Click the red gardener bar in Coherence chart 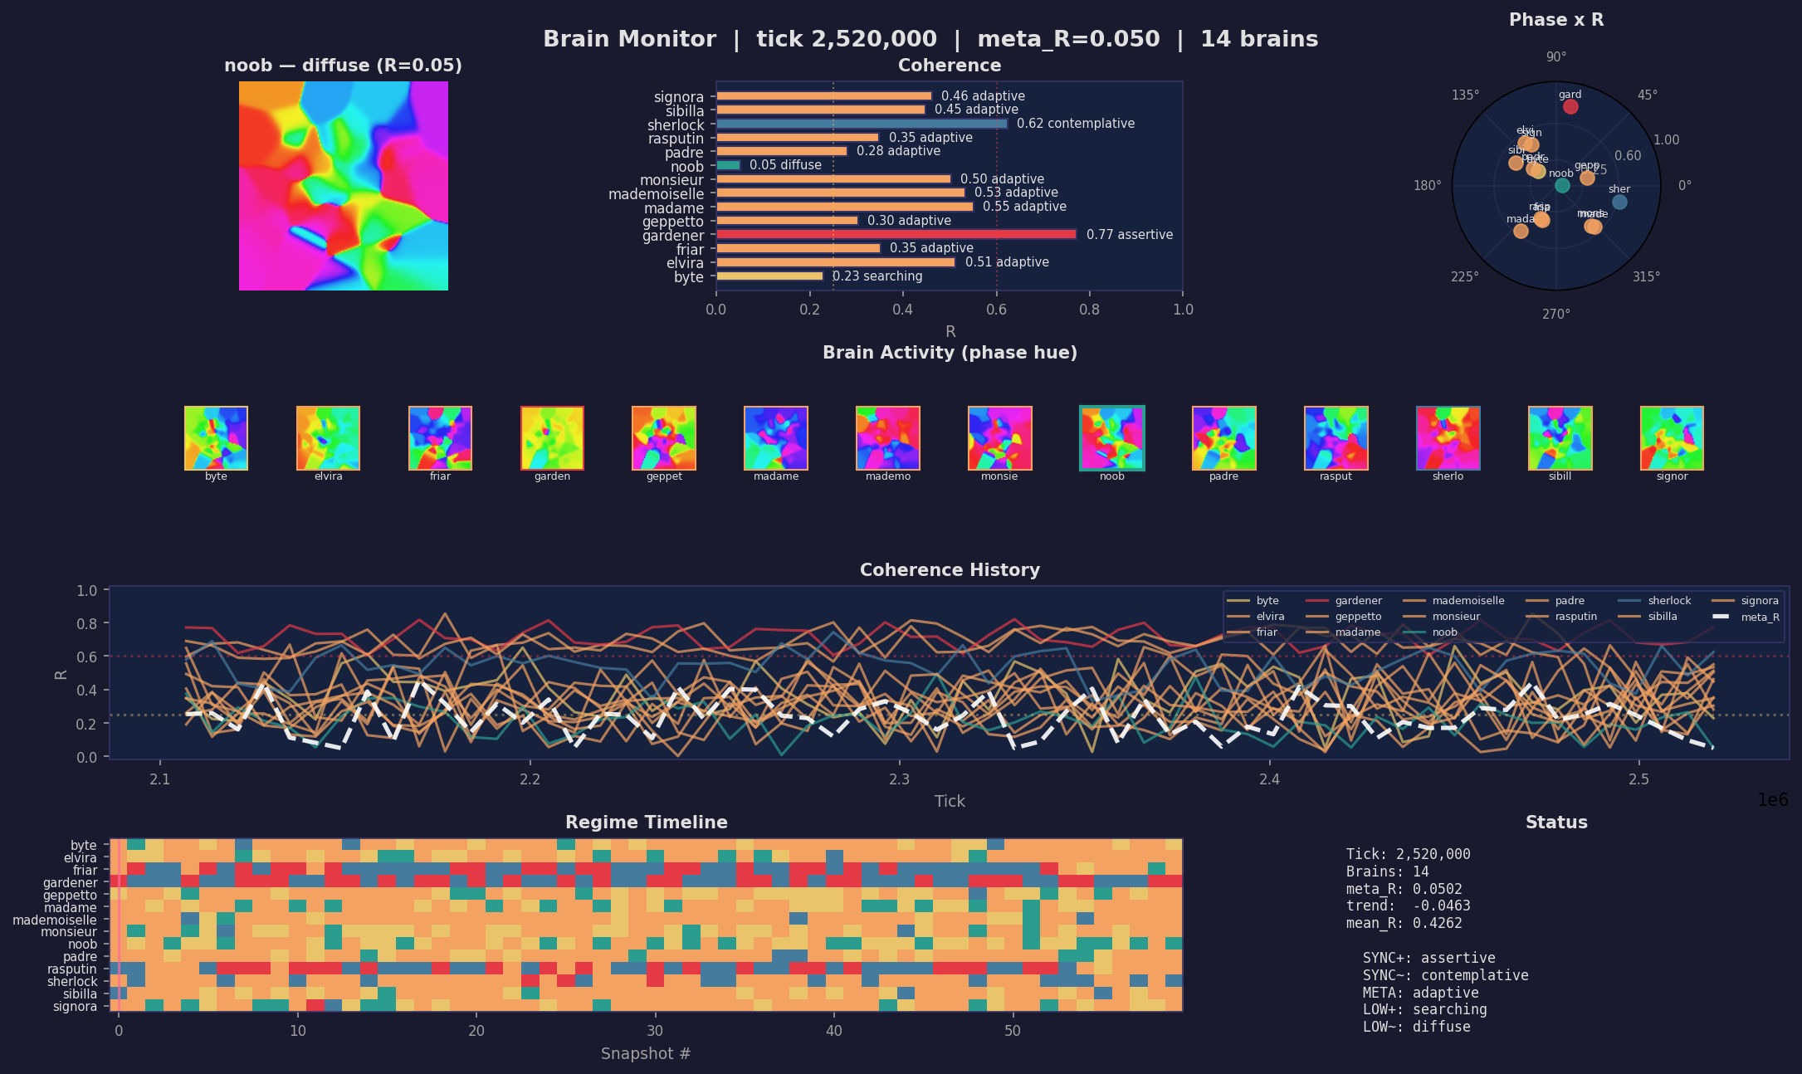pos(896,235)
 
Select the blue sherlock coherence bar pos(861,124)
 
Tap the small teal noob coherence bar pos(728,165)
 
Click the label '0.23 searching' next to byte pos(877,276)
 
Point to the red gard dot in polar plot pos(1570,107)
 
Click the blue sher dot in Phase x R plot pos(1619,202)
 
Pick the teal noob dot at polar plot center pos(1562,185)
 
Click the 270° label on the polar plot pos(1556,314)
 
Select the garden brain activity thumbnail pos(552,438)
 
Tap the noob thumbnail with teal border pos(1111,438)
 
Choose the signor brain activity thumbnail pos(1672,438)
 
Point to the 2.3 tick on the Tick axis pos(900,779)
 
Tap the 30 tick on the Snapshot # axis pos(655,1031)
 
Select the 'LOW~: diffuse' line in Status pos(1416,1027)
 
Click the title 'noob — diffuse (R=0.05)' pos(343,66)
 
